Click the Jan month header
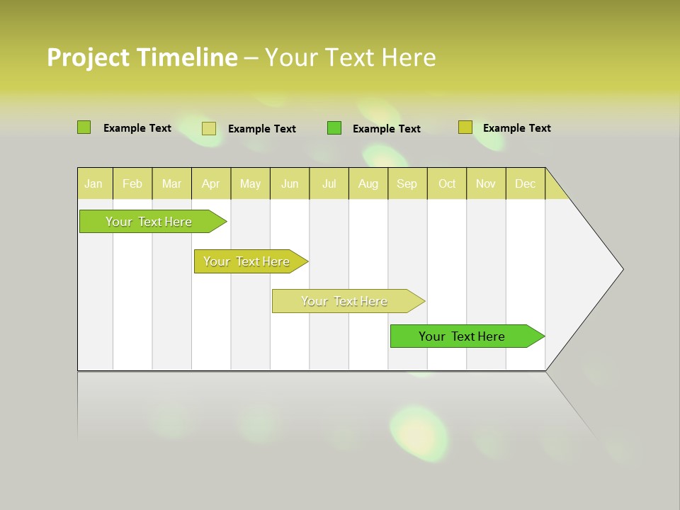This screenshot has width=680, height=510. click(x=94, y=183)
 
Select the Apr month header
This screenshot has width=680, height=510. click(x=211, y=183)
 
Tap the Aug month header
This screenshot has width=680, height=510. click(x=368, y=183)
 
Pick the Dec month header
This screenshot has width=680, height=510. click(x=526, y=183)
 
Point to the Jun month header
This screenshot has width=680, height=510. click(x=290, y=183)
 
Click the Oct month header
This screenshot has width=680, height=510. click(x=447, y=183)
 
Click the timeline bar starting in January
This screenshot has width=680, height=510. click(x=149, y=222)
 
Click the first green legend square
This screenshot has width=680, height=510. click(x=84, y=127)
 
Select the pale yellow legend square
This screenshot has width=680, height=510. click(x=209, y=128)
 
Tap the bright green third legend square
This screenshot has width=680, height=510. click(x=334, y=128)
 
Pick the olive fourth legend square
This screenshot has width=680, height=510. click(x=465, y=127)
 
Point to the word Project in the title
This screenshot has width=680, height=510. click(x=88, y=57)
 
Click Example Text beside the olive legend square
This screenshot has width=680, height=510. click(x=516, y=128)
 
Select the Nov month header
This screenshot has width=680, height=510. click(x=486, y=183)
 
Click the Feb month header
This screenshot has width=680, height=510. click(x=132, y=183)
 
